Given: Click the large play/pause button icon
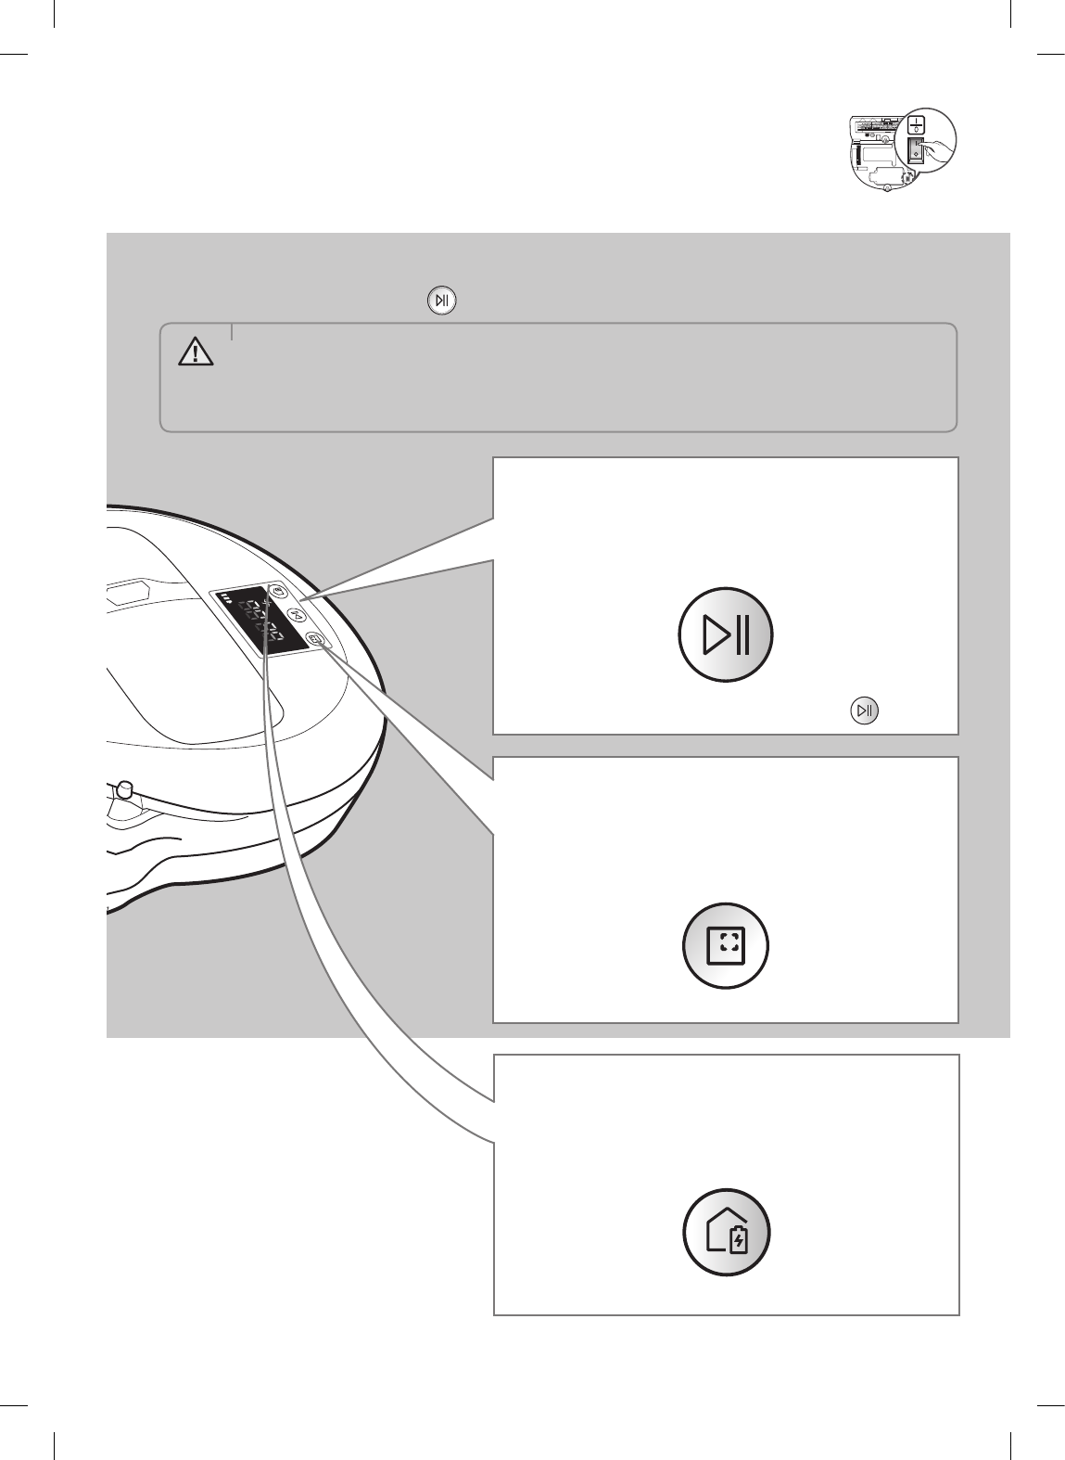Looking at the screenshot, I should [x=726, y=635].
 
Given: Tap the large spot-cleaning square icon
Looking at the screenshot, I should [x=726, y=945].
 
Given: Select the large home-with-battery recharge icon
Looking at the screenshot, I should [x=726, y=1236].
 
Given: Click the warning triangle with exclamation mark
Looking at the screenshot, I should [x=196, y=352].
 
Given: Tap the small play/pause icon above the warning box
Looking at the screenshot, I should [x=442, y=301].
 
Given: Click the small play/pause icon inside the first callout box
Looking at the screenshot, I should [x=863, y=711].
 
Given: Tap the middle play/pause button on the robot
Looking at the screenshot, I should [x=297, y=615].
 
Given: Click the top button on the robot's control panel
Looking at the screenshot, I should [x=280, y=591].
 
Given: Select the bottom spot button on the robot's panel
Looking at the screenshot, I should [x=316, y=639].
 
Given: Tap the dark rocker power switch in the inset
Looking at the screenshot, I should [x=916, y=150].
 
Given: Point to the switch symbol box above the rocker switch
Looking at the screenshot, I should [x=916, y=124].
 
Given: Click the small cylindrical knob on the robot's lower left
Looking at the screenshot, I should [x=122, y=789].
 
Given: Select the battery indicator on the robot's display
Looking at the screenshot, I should [x=226, y=608].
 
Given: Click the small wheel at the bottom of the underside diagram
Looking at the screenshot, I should [x=887, y=188].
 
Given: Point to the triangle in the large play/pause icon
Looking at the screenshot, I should [x=716, y=635].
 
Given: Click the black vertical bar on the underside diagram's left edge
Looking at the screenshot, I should [x=856, y=135].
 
